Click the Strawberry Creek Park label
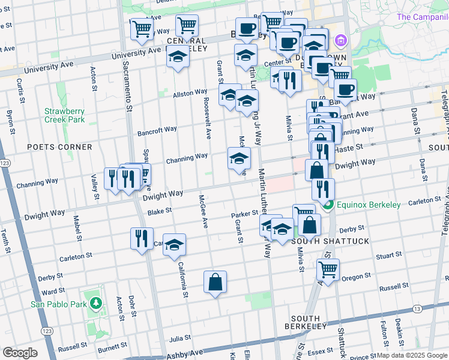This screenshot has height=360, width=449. coord(64,115)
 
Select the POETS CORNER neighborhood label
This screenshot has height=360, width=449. coord(59,147)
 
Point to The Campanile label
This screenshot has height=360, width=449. coord(422,17)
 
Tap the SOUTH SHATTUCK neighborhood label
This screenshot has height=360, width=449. coord(322,241)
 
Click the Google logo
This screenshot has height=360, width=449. coord(20,353)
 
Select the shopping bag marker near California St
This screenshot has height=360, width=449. coord(215,282)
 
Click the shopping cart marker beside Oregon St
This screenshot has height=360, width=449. coord(328,269)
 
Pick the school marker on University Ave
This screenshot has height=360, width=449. coord(178,58)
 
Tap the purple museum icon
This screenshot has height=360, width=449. coord(341,41)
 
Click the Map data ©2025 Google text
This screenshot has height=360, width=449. coord(412,355)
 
